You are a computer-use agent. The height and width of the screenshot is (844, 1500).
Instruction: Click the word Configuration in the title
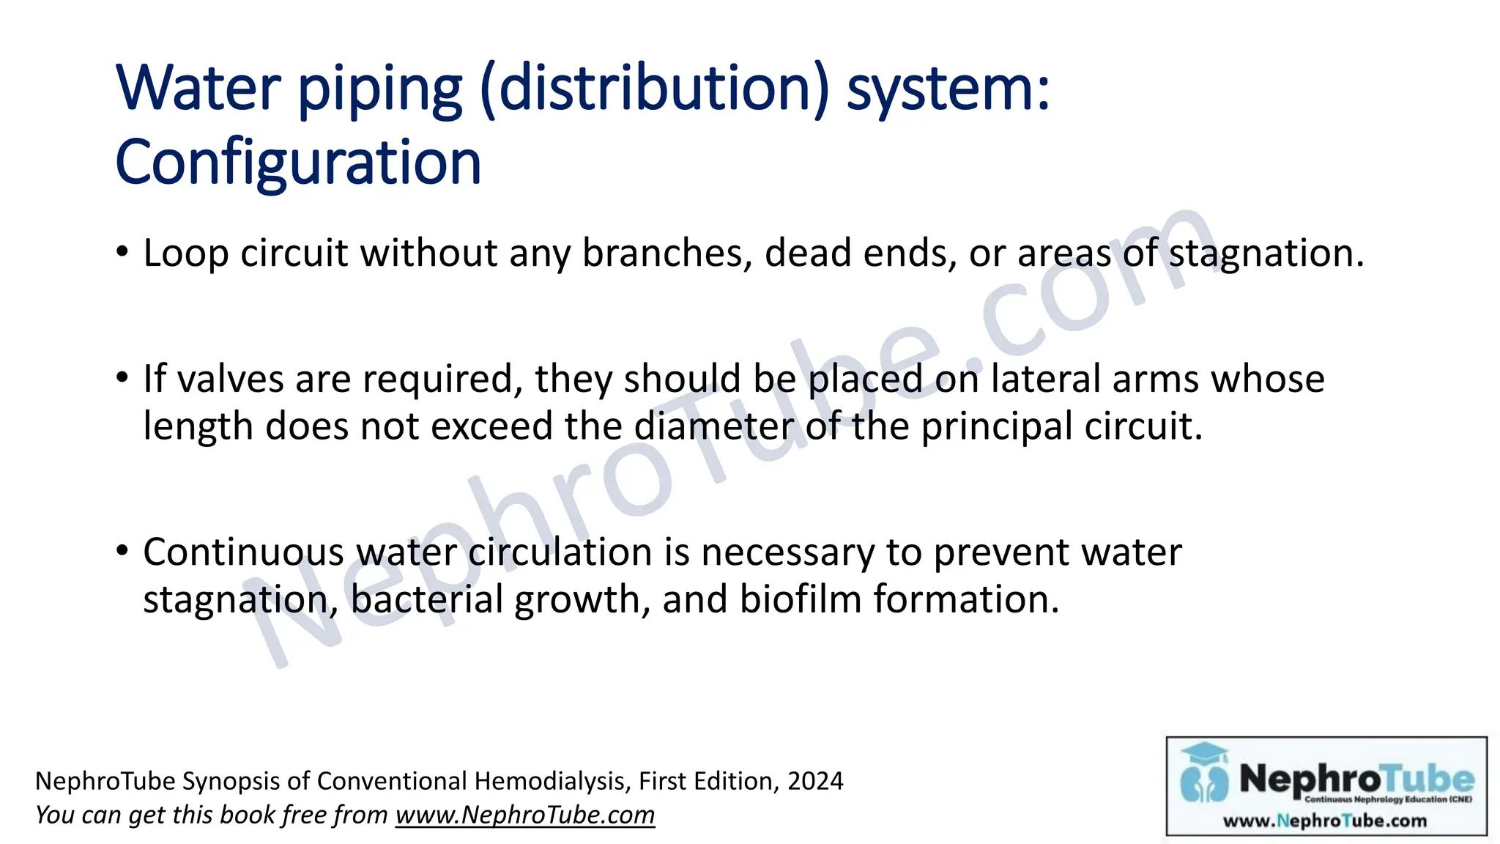[x=298, y=162]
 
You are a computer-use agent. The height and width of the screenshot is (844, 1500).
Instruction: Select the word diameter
[x=713, y=426]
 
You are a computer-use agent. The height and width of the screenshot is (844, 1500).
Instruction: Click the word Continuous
[x=243, y=552]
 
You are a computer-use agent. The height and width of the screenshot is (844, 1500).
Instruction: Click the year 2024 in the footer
[x=815, y=781]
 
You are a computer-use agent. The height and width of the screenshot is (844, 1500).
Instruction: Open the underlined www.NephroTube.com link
[x=525, y=815]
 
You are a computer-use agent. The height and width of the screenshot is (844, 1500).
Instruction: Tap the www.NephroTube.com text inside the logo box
[x=1325, y=821]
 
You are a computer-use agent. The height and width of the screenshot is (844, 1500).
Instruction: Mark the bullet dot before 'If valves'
[x=122, y=379]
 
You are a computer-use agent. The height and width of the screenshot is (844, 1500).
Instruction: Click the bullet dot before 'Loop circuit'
[x=122, y=253]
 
